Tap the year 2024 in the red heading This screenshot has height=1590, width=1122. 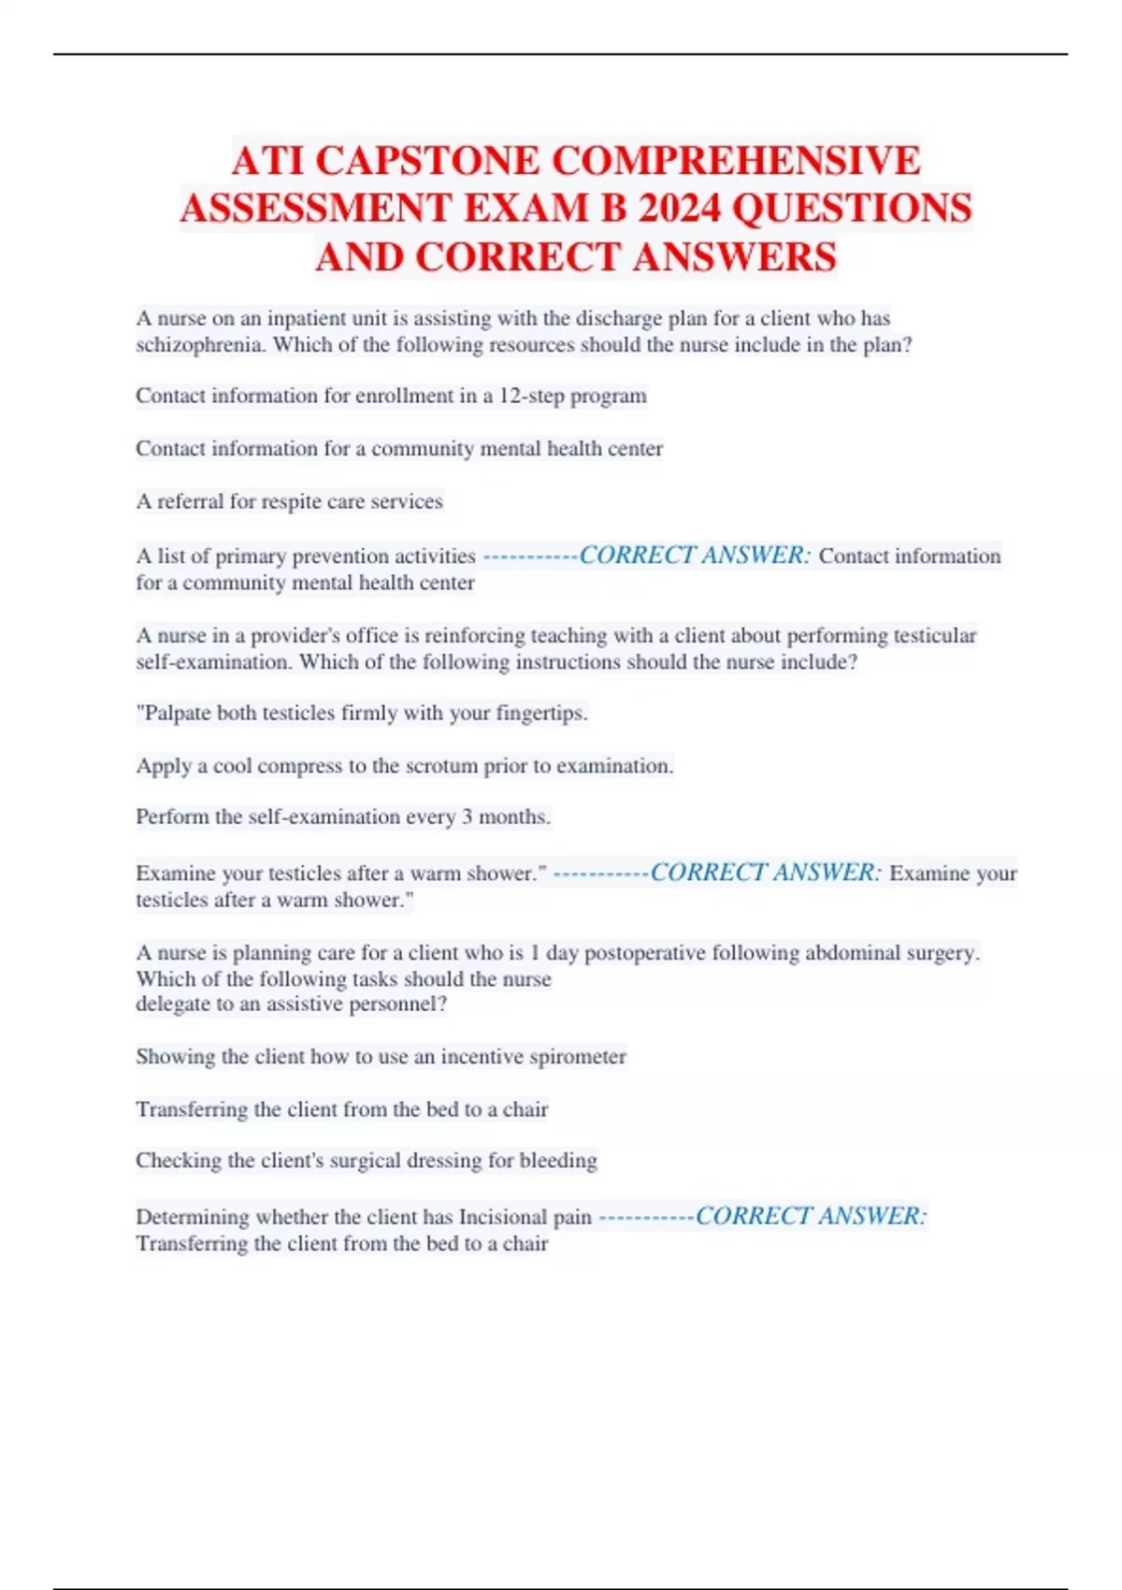click(679, 209)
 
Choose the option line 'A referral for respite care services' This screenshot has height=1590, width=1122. click(289, 501)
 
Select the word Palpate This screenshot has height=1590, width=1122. click(175, 713)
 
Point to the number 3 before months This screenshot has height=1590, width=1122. click(467, 817)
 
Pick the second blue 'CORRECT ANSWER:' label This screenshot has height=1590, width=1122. click(765, 873)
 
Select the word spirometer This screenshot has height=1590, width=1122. click(578, 1057)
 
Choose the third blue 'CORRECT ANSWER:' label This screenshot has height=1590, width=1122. click(811, 1216)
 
